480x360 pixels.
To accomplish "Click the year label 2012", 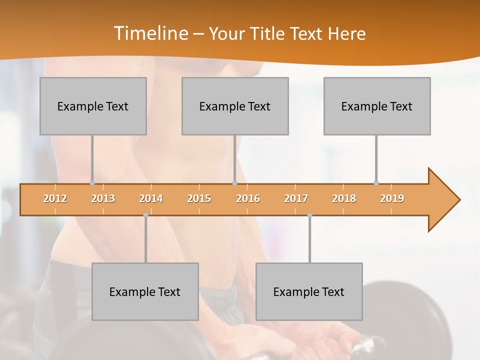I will (x=55, y=199).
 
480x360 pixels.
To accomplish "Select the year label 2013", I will (x=103, y=199).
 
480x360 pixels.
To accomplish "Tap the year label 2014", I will (x=151, y=199).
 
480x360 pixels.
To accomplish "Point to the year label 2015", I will (x=199, y=199).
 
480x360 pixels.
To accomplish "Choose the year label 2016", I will (x=248, y=199).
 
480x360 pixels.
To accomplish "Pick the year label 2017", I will (x=296, y=199).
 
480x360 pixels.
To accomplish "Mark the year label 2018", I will (x=344, y=199).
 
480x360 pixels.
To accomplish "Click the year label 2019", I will (x=392, y=199).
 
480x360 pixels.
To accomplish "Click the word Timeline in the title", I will (x=150, y=33).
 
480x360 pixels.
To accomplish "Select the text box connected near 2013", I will (x=93, y=106).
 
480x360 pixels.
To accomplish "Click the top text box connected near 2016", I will (x=235, y=106).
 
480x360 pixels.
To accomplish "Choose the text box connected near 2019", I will (x=377, y=106).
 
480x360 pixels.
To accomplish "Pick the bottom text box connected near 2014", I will (x=145, y=291).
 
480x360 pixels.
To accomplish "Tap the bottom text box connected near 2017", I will (x=309, y=291).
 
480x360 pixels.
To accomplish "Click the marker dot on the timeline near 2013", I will (x=92, y=183).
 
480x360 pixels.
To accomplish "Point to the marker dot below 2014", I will (x=145, y=215).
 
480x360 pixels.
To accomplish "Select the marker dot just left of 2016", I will (x=234, y=183).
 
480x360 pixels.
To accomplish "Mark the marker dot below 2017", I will (x=309, y=215).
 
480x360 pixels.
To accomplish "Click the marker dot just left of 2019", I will (x=376, y=183).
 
